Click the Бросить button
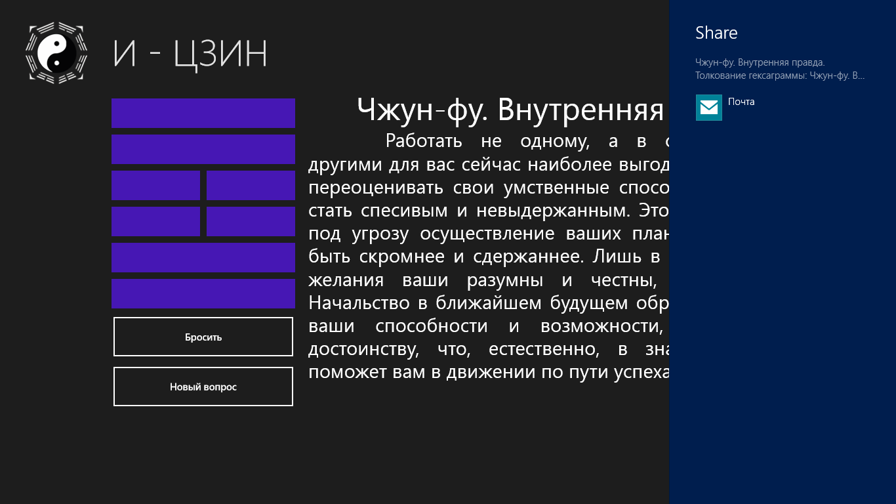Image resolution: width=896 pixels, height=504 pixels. point(203,337)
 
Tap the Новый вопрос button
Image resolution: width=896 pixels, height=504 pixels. point(203,387)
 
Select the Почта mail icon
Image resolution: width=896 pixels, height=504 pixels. point(709,107)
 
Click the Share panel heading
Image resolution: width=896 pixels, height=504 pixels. point(716,33)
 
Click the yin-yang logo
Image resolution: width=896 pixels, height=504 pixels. point(56,53)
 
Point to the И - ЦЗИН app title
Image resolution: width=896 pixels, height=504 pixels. point(190,53)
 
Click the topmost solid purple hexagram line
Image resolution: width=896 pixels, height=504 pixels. point(203,114)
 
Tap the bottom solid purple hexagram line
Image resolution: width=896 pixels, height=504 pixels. point(203,293)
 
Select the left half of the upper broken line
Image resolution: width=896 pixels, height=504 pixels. point(155,185)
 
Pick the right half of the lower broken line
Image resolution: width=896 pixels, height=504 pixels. point(251,221)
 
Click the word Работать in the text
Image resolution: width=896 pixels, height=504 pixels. point(424,141)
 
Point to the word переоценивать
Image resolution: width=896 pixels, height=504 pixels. point(376,188)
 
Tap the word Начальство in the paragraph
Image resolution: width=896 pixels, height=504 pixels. point(359,303)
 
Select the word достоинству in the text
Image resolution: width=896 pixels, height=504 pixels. point(363,350)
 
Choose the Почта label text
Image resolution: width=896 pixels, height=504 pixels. point(741,102)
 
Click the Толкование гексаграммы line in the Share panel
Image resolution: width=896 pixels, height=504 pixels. point(780,75)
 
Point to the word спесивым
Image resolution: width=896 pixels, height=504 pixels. point(404,211)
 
